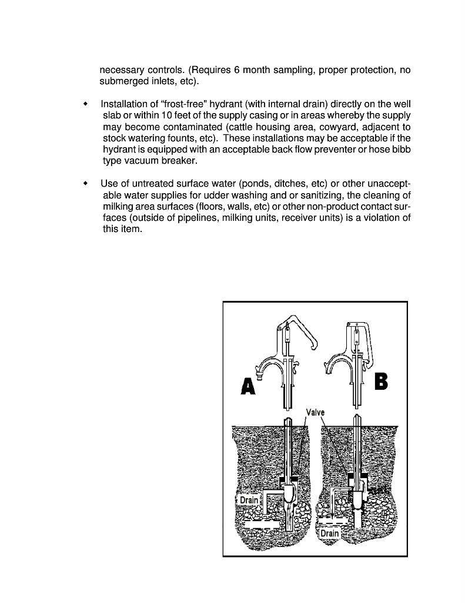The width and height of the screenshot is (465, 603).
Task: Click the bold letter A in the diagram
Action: tap(248, 386)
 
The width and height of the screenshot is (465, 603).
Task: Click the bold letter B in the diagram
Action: tap(380, 381)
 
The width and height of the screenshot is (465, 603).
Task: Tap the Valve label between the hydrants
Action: tap(315, 413)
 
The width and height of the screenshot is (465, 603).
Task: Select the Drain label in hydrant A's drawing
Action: tap(249, 500)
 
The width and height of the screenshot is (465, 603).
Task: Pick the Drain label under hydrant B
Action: tap(330, 534)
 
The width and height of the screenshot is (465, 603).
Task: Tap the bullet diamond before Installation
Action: tap(86, 104)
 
